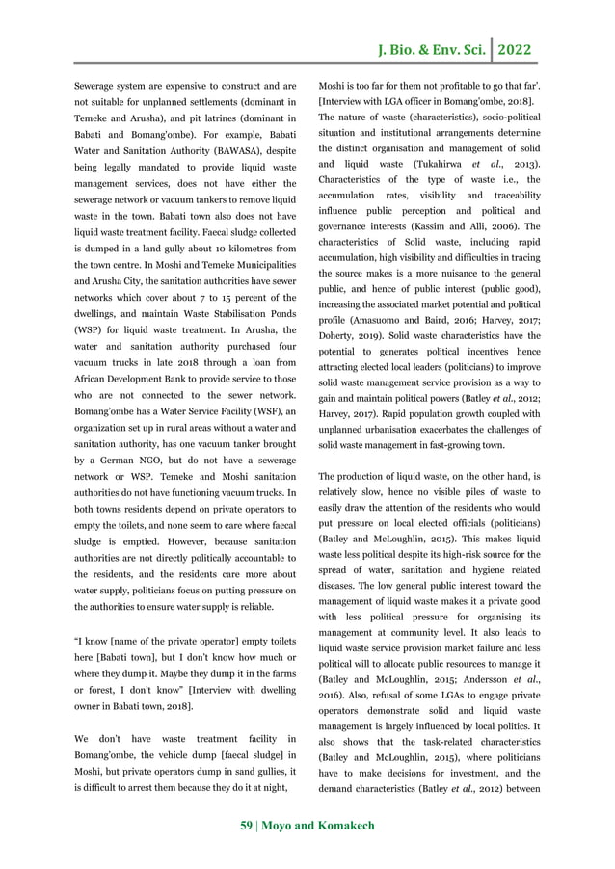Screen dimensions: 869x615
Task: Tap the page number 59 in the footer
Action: [247, 826]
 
